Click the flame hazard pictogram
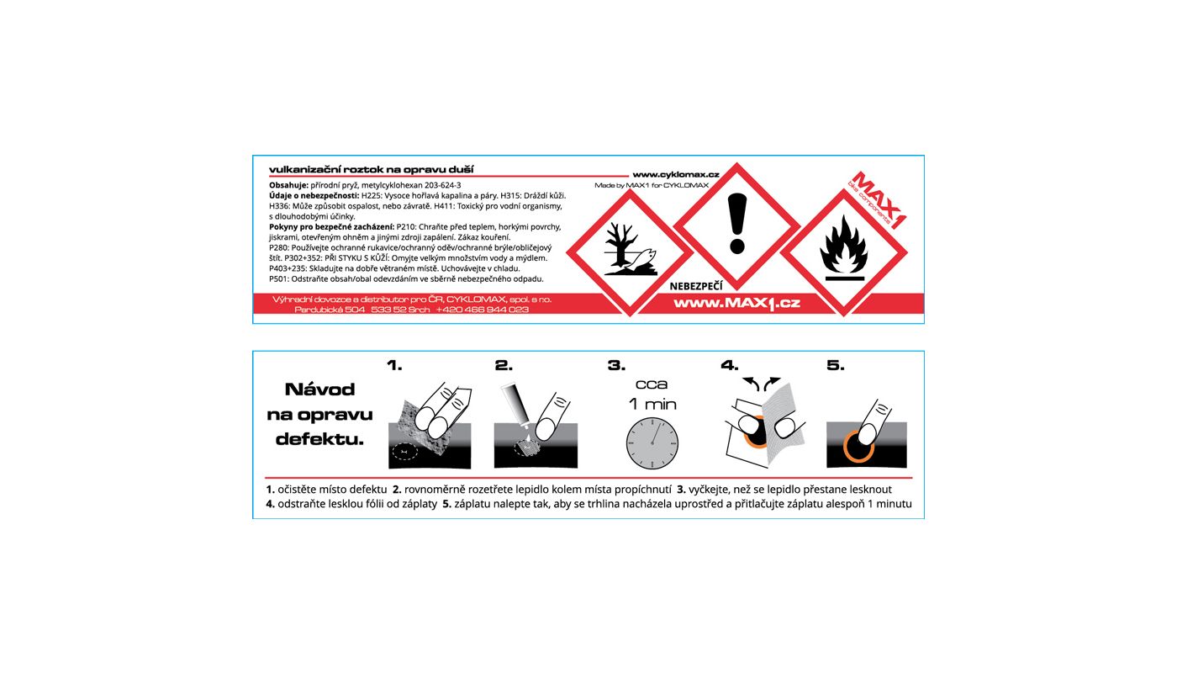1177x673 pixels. click(843, 253)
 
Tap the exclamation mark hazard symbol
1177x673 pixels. click(736, 226)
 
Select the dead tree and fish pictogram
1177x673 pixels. click(630, 252)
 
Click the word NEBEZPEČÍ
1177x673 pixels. click(696, 286)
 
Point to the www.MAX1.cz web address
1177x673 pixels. click(736, 304)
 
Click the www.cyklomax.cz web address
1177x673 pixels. click(676, 175)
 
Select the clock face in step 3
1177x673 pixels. click(652, 443)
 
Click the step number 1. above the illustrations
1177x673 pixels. click(394, 365)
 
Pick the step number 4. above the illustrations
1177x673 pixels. click(730, 365)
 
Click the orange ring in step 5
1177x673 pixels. click(858, 446)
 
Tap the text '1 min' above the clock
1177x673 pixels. click(652, 404)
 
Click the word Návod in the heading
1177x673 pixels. click(320, 389)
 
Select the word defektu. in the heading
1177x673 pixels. click(320, 439)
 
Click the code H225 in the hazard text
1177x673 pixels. click(371, 195)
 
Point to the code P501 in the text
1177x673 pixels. click(278, 279)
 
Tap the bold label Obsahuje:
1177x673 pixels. click(288, 186)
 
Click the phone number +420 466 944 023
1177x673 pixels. click(483, 310)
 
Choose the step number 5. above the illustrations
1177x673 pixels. click(836, 365)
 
